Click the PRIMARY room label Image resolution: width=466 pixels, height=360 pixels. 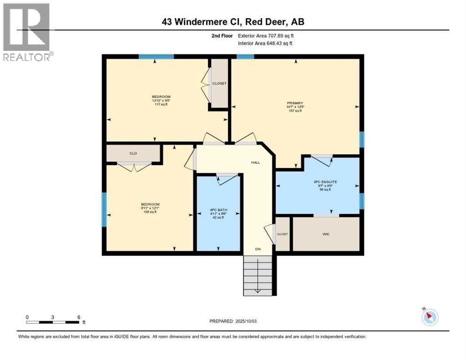(x=295, y=103)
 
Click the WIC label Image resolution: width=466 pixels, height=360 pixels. (x=326, y=234)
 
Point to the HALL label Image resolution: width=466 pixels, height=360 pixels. (x=255, y=163)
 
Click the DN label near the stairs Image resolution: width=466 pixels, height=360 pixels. (x=257, y=249)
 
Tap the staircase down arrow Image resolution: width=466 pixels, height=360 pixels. (x=257, y=290)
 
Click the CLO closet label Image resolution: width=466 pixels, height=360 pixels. (x=133, y=153)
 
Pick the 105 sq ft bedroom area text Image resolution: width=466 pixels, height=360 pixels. (x=150, y=212)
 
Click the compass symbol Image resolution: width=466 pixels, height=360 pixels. (x=429, y=317)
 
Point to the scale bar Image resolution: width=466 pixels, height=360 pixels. (x=53, y=322)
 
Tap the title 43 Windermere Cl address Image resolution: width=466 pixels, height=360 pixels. (x=233, y=22)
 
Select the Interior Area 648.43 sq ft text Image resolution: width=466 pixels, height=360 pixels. (x=265, y=43)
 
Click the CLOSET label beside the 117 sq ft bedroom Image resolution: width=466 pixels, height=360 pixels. (x=219, y=83)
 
